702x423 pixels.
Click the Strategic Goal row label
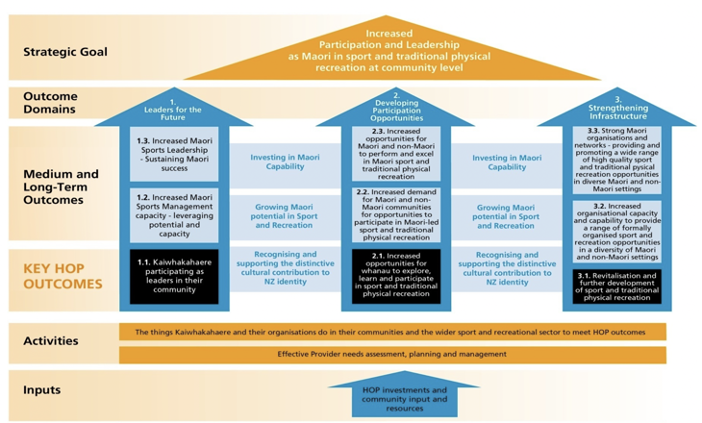tap(65, 52)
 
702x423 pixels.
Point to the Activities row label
tap(51, 340)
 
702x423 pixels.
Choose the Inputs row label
tap(42, 389)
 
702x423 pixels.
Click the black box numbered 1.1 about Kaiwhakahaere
tap(174, 275)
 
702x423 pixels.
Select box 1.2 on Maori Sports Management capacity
tap(174, 215)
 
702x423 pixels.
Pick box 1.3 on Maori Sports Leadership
tap(174, 155)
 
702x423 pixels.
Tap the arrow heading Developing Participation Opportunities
tap(396, 107)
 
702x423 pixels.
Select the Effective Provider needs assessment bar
tap(392, 355)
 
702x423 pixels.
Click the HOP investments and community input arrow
tap(404, 397)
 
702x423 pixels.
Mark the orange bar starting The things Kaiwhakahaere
tap(392, 332)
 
